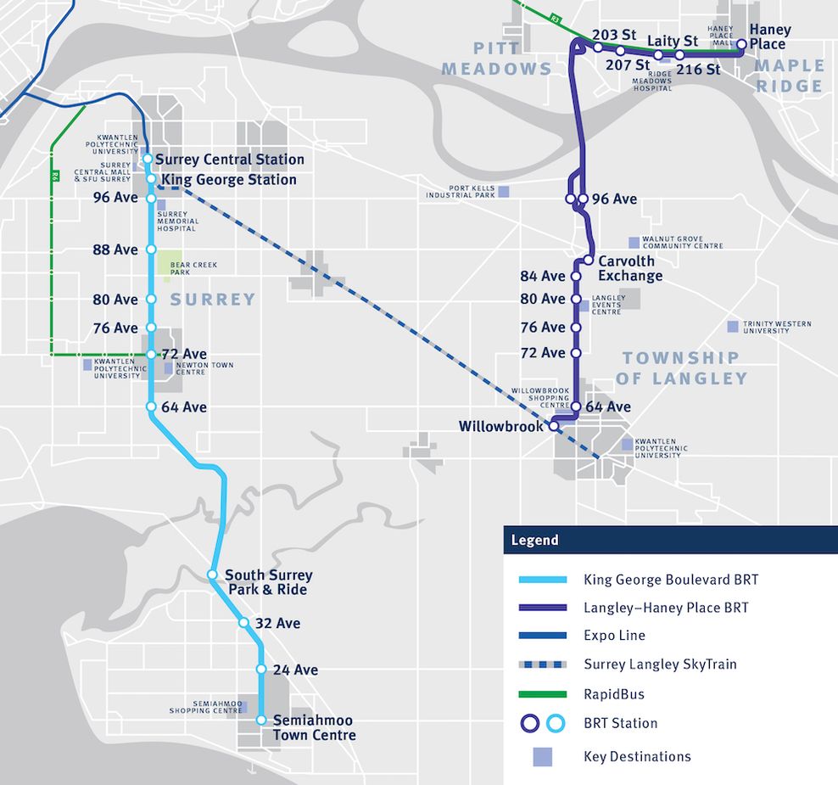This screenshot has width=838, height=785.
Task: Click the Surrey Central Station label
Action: pos(229,159)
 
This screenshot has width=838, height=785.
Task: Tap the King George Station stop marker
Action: pos(151,179)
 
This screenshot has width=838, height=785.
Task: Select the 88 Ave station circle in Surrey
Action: pos(152,250)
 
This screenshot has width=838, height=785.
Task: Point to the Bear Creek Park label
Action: pos(193,269)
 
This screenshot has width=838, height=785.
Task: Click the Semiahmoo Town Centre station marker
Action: pos(261,721)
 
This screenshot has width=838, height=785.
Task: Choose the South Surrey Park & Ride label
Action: pos(268,582)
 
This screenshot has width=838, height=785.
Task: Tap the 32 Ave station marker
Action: pos(243,623)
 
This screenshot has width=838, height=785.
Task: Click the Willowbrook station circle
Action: pos(554,427)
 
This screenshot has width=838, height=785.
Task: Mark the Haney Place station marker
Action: pos(741,44)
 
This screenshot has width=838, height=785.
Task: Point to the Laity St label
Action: pos(672,41)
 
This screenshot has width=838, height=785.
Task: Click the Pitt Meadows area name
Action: pos(496,58)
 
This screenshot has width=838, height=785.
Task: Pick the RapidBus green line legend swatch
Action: pos(542,694)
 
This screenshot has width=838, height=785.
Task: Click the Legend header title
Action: pos(534,540)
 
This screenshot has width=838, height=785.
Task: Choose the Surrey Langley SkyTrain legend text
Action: pos(660,664)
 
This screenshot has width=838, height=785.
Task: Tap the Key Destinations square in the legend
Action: pos(542,756)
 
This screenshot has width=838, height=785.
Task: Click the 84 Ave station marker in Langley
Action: pos(576,276)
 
